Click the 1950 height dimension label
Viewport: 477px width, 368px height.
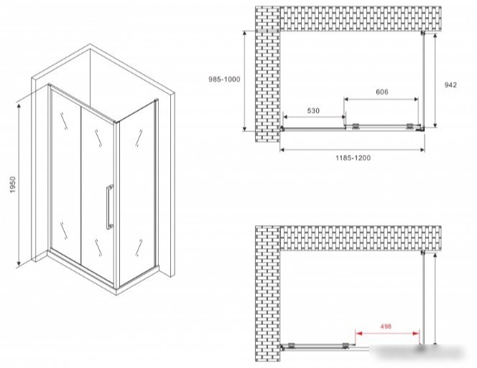(x=12, y=185)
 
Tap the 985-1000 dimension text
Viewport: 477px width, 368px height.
(x=224, y=80)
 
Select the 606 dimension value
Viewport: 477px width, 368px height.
(x=382, y=92)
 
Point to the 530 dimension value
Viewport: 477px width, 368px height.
(x=313, y=110)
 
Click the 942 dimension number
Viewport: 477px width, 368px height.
(x=450, y=85)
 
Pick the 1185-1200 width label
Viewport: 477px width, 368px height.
(x=353, y=158)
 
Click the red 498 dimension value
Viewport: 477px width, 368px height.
(x=386, y=326)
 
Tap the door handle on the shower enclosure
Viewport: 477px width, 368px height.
(x=109, y=207)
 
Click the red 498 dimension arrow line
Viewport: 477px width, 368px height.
(x=387, y=334)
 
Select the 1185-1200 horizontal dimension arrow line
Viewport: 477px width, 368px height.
(x=352, y=149)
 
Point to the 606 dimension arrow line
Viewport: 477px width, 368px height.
(x=381, y=99)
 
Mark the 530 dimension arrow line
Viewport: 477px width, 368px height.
(x=314, y=117)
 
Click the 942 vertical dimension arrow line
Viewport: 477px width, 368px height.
(x=435, y=80)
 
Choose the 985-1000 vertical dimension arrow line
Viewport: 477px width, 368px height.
(x=245, y=81)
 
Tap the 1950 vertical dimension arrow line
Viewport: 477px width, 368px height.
(x=19, y=184)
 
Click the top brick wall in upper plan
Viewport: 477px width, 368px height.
(x=360, y=19)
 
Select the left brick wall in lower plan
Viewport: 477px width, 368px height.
(x=267, y=293)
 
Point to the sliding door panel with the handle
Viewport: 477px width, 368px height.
(x=98, y=194)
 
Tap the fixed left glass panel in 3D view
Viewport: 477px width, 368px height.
(x=65, y=176)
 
